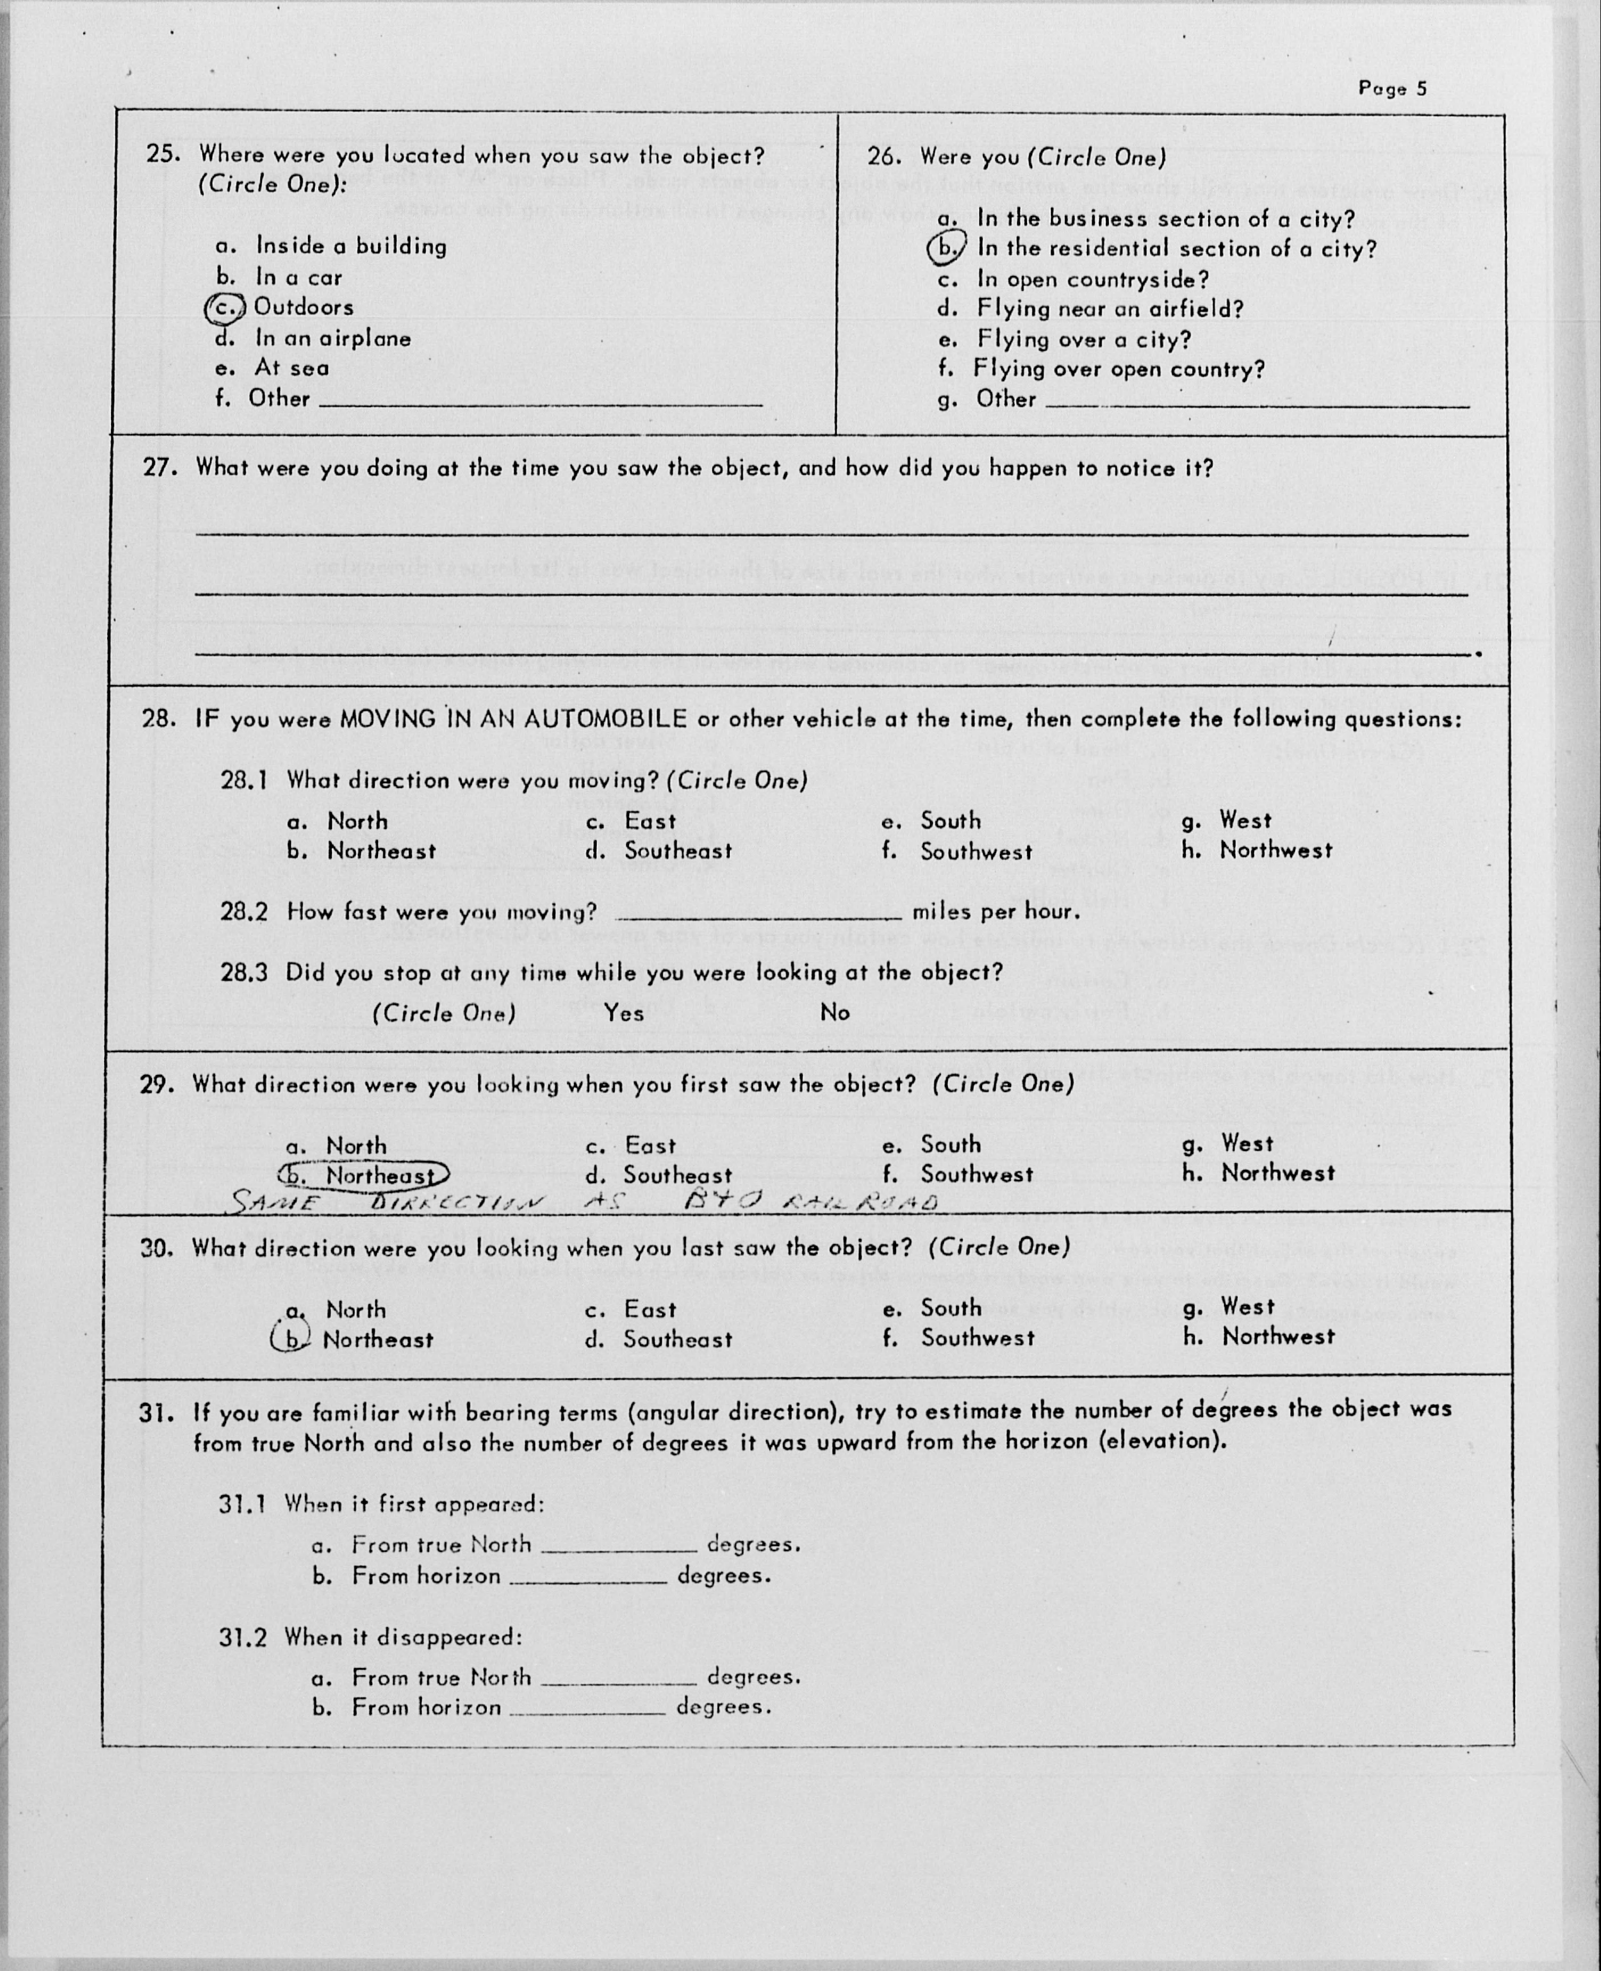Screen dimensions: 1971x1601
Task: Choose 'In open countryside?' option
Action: point(1093,278)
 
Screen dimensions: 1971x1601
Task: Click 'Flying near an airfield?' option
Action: point(1110,309)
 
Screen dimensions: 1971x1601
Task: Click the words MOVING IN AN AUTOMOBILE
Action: point(513,719)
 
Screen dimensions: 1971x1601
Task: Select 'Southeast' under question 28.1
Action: point(678,850)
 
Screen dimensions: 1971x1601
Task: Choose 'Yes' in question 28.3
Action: point(625,1013)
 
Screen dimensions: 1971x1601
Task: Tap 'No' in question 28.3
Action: point(835,1013)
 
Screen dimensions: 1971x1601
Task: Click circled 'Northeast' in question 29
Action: point(364,1175)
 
